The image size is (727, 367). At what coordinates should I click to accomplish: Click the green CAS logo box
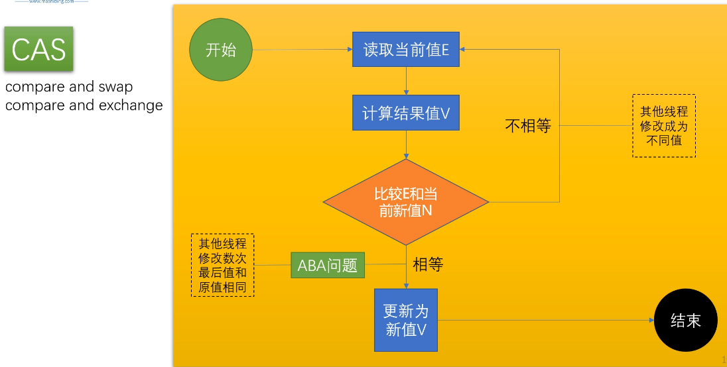38,50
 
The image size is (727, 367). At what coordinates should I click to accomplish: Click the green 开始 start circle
221,50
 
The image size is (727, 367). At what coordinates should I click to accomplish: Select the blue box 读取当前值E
405,49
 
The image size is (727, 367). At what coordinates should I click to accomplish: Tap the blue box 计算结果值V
405,113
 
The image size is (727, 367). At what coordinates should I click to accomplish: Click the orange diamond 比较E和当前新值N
405,202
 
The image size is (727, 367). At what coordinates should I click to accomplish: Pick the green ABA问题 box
328,266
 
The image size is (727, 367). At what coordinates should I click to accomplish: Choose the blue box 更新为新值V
406,320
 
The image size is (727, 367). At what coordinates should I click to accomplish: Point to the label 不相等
528,126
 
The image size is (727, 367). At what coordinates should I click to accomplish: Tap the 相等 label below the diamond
428,265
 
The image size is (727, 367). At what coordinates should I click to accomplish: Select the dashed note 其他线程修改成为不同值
663,126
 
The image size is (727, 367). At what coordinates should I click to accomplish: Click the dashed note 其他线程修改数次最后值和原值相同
222,265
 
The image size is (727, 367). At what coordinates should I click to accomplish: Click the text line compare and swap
69,87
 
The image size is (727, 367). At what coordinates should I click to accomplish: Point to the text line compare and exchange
84,105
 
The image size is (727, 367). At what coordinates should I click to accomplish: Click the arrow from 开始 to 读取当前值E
302,49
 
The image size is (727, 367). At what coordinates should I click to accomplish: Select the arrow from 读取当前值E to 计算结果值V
405,81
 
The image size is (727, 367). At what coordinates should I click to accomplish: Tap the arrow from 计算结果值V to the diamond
405,144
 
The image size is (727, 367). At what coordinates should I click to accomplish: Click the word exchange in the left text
131,105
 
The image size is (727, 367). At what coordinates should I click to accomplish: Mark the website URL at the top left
51,2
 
